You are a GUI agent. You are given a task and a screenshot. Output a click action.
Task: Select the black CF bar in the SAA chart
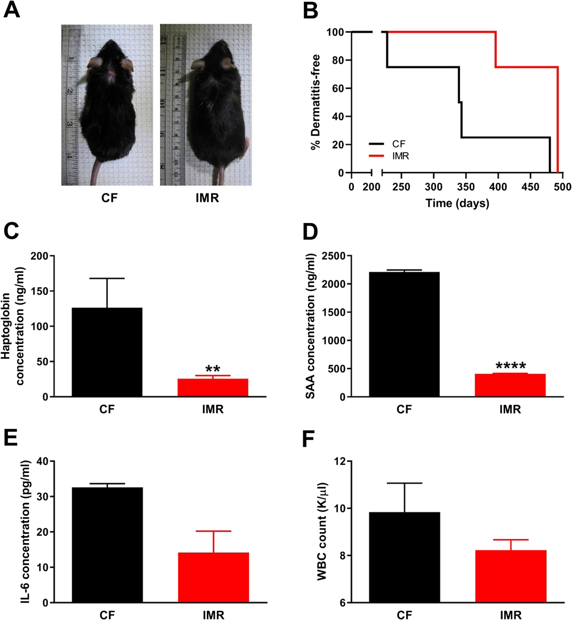404,334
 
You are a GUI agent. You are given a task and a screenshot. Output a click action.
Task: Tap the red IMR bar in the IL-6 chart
213,577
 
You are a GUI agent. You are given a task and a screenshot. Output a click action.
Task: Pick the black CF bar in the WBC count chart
404,557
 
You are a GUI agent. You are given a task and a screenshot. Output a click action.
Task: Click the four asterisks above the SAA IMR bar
511,366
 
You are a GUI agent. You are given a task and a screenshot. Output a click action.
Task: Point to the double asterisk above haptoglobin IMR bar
213,369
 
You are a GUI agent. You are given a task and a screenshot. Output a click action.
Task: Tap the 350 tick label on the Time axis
466,187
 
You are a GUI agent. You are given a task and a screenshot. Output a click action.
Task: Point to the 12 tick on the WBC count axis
340,461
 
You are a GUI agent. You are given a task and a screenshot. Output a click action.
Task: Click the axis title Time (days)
457,203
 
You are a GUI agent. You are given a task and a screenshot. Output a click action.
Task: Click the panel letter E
10,438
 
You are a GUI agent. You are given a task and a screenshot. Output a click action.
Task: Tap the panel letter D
310,232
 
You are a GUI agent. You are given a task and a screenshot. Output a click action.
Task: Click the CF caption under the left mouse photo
109,198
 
